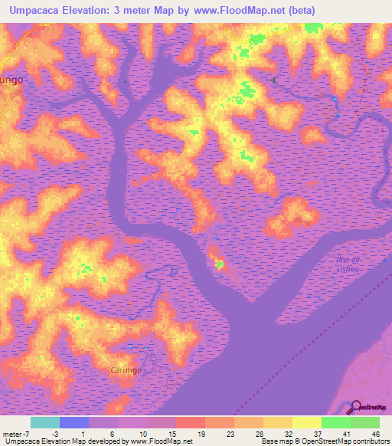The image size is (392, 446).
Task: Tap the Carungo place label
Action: [123, 370]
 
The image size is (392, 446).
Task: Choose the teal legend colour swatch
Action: [44, 422]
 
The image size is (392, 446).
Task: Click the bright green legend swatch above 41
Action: [335, 422]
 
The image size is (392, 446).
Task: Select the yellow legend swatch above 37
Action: [306, 422]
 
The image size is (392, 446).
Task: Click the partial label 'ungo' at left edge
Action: [11, 79]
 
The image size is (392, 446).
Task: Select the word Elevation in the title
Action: [98, 11]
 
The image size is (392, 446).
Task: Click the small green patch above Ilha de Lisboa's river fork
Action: [220, 265]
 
